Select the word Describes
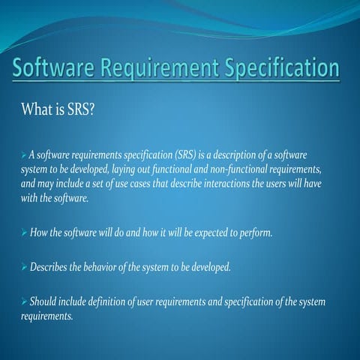pos(50,268)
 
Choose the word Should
pos(43,302)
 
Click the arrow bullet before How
pos(23,233)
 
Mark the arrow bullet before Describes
pos(23,268)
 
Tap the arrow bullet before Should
pos(23,302)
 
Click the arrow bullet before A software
pos(23,154)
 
